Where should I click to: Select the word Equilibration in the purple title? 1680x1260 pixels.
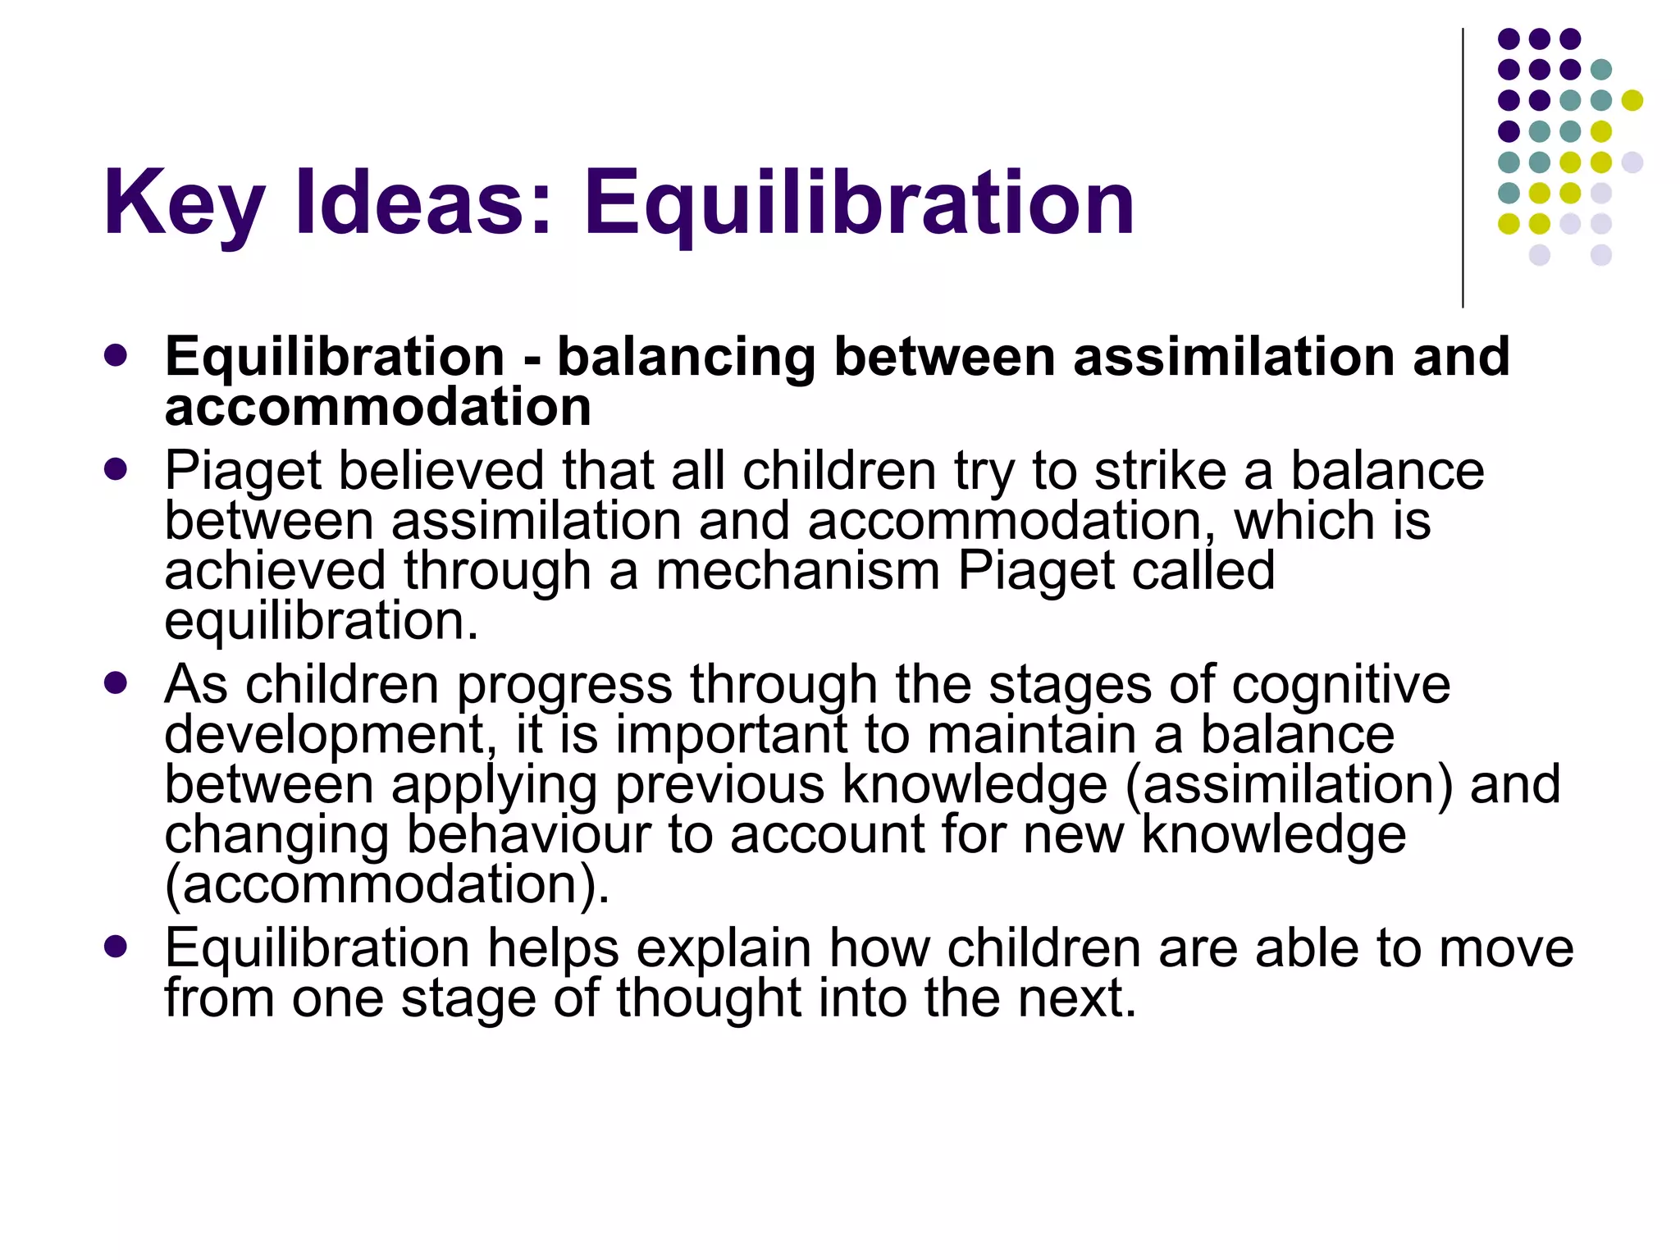click(858, 203)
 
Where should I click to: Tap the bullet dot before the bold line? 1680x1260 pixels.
click(116, 355)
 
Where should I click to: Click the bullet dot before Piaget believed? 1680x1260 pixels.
click(116, 469)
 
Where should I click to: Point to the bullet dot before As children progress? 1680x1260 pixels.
click(116, 683)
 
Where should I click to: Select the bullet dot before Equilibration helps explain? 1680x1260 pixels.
click(116, 947)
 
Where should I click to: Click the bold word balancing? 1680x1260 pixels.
click(686, 358)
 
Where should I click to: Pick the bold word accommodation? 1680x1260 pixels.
click(377, 407)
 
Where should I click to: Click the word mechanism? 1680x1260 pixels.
click(797, 571)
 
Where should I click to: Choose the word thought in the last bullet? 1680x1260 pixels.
click(708, 998)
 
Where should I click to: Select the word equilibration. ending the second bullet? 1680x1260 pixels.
click(321, 622)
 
